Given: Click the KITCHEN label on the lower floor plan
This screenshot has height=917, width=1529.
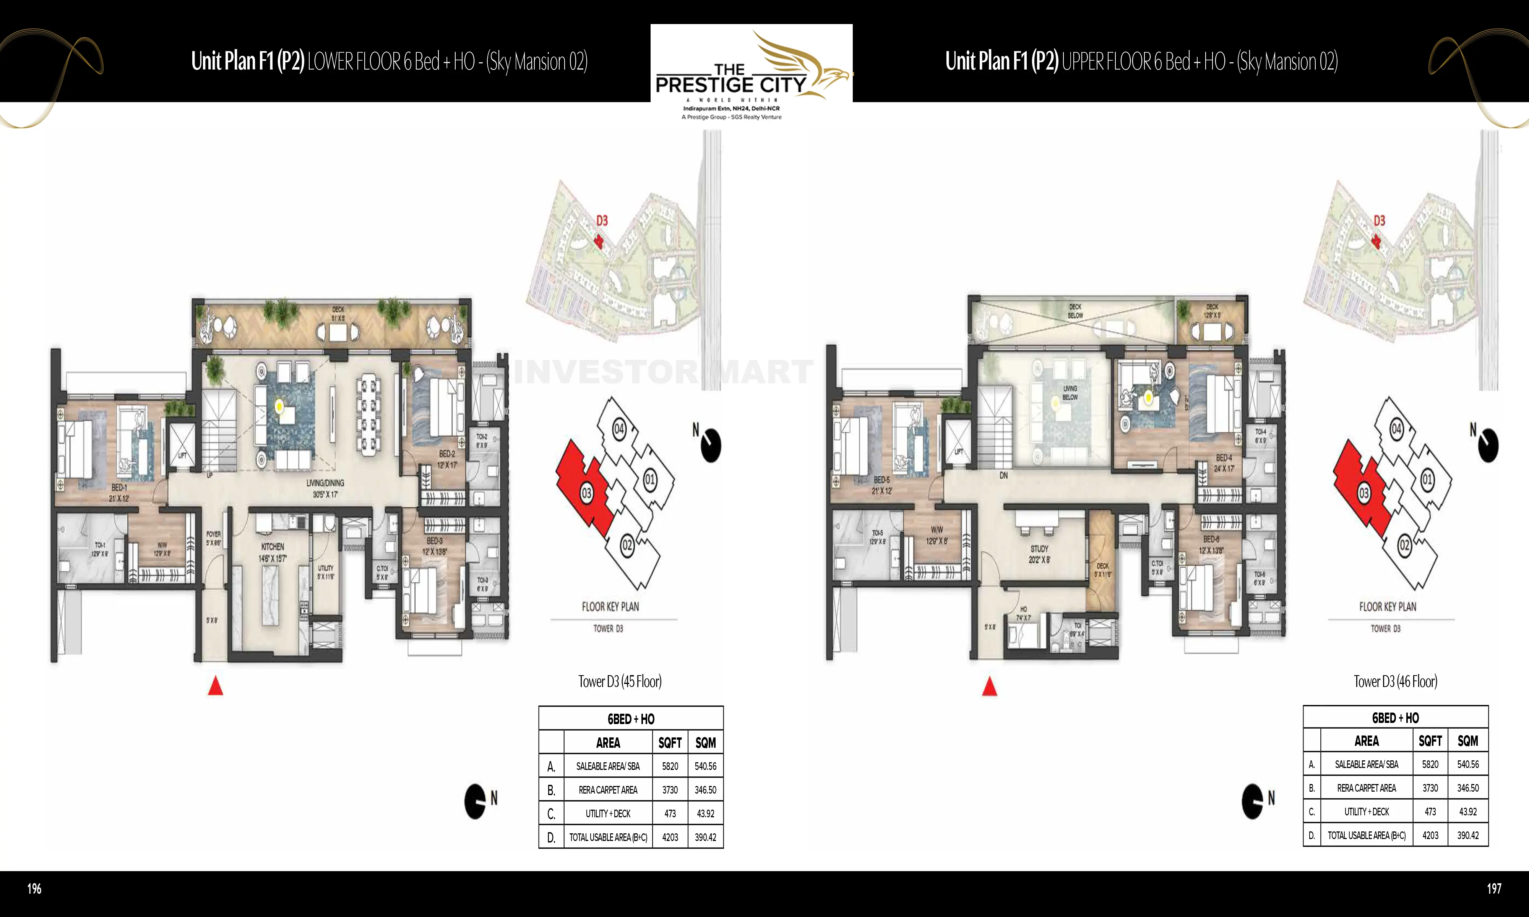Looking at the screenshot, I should [273, 547].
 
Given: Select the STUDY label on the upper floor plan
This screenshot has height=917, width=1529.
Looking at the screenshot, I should [1039, 549].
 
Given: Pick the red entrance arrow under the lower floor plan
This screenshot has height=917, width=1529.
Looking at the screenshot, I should [215, 686].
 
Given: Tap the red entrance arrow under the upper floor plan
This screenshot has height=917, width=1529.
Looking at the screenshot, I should [990, 686].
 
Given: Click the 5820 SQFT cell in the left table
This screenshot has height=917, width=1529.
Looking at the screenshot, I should [670, 766].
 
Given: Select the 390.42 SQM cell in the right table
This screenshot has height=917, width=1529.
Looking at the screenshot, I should [1468, 836].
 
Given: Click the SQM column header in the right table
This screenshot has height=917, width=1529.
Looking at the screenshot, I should [1468, 741].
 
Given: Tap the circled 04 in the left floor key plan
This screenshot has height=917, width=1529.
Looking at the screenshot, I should [618, 429].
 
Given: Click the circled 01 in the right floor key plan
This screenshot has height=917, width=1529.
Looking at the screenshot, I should [1427, 480].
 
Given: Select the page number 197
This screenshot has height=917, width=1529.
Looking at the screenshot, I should [1494, 889].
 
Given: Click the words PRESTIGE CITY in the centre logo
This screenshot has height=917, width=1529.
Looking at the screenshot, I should [730, 85].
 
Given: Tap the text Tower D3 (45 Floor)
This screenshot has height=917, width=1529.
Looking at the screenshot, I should [620, 682].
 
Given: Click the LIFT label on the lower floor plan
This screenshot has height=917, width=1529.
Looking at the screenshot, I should [182, 455].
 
